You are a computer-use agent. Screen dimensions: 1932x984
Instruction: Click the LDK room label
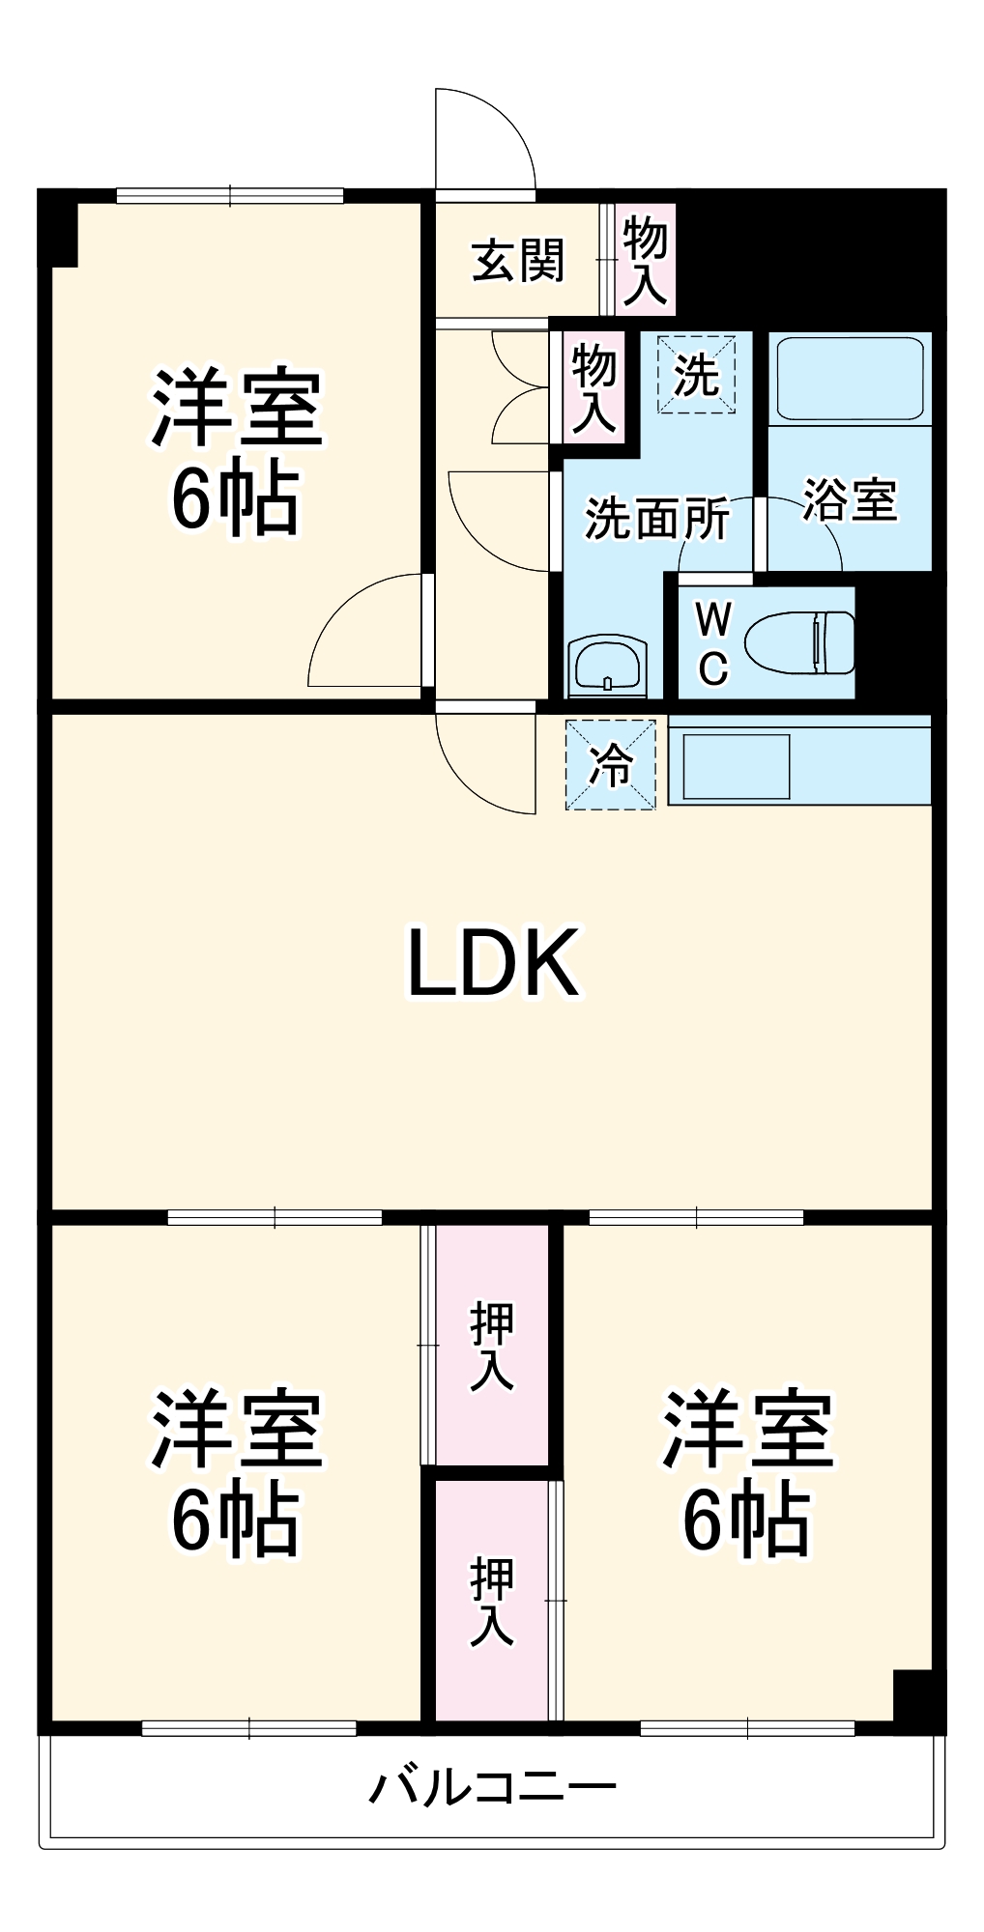click(x=493, y=962)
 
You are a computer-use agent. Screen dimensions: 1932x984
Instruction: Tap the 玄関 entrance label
click(x=518, y=261)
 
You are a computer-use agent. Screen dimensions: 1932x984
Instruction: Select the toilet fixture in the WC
click(x=801, y=642)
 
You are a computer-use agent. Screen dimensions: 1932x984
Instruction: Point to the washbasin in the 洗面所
click(x=606, y=664)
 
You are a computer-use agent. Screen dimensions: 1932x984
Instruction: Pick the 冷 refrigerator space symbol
click(x=611, y=765)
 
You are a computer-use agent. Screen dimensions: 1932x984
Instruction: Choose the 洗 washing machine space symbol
click(x=696, y=374)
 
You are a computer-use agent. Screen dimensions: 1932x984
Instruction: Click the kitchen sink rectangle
click(x=737, y=767)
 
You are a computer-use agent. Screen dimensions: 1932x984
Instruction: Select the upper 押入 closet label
click(x=492, y=1346)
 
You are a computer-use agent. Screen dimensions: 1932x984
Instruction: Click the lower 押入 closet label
click(x=492, y=1601)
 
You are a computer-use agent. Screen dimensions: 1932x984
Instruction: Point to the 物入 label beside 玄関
click(x=645, y=260)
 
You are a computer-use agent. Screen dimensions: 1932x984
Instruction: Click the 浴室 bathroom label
click(x=850, y=500)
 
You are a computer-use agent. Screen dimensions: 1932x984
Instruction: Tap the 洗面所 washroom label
click(x=657, y=519)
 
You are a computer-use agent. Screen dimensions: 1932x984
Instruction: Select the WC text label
click(x=713, y=643)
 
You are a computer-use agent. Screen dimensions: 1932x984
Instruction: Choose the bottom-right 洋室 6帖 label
click(x=747, y=1472)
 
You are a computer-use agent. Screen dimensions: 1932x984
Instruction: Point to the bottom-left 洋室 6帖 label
click(x=236, y=1472)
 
